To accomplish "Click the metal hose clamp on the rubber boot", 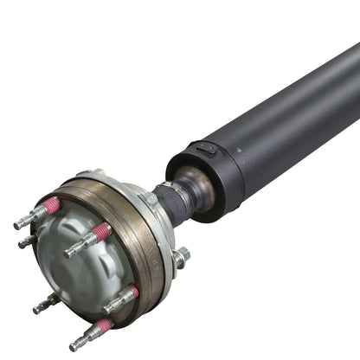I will pos(177,202).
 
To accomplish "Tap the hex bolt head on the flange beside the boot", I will pos(149,199).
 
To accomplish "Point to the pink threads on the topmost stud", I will pos(53,207).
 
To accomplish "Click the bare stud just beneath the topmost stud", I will pos(27,241).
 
